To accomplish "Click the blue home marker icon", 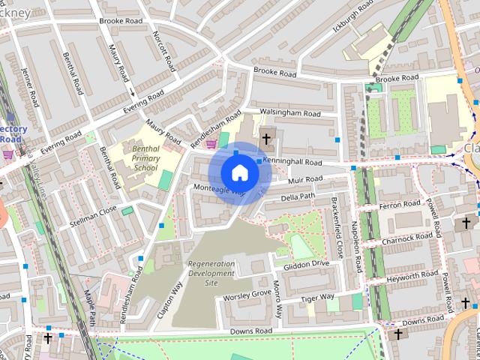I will point(239,172).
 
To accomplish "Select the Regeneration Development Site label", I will point(211,273).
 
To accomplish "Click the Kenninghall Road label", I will point(293,162).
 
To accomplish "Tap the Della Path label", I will point(298,196).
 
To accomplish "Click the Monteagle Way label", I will point(219,190).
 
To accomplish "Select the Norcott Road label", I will point(164,51).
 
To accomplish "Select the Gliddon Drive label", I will point(306,264).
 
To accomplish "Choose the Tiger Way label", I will point(317,298).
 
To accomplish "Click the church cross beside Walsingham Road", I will point(266,139).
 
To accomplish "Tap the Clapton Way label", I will point(169,301).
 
